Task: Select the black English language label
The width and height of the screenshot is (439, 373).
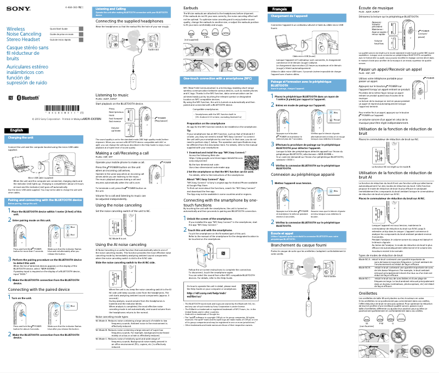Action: [17, 145]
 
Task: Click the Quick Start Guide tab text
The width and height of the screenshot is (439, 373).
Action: [58, 28]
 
